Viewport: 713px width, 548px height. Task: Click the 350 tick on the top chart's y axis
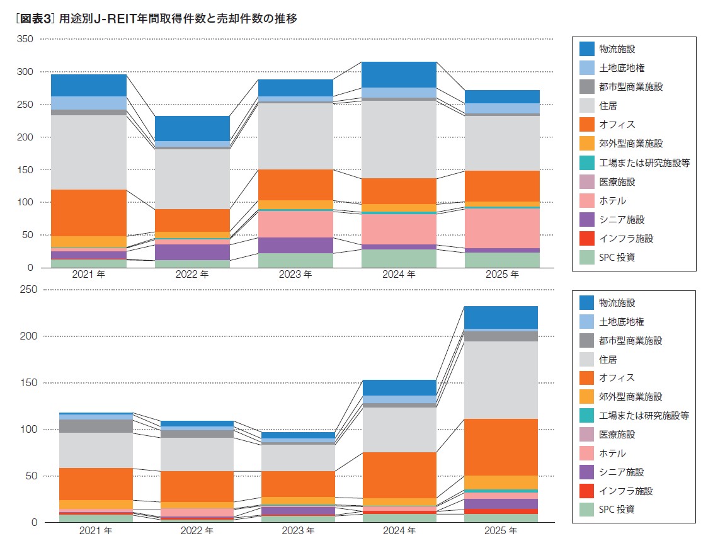tap(25, 39)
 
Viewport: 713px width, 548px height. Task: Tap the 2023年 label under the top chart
tap(295, 275)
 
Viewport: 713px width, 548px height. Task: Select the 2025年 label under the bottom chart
tap(501, 531)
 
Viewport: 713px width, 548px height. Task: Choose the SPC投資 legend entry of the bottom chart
tap(617, 510)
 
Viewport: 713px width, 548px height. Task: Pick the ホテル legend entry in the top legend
tap(612, 201)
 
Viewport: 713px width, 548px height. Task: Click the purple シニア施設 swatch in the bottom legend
tap(586, 472)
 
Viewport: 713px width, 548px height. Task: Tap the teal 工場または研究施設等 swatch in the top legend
tap(586, 163)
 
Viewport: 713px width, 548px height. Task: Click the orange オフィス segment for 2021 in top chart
tap(89, 212)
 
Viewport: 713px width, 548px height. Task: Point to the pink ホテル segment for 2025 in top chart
tap(502, 227)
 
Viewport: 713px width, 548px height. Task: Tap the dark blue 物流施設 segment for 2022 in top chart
tap(192, 128)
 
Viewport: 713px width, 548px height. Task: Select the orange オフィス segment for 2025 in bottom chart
tap(501, 447)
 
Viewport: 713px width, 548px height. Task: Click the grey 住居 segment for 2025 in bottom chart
tap(501, 380)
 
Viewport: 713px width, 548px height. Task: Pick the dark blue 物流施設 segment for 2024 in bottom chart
tap(399, 387)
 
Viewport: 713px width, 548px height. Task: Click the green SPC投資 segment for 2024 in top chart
tap(399, 258)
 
